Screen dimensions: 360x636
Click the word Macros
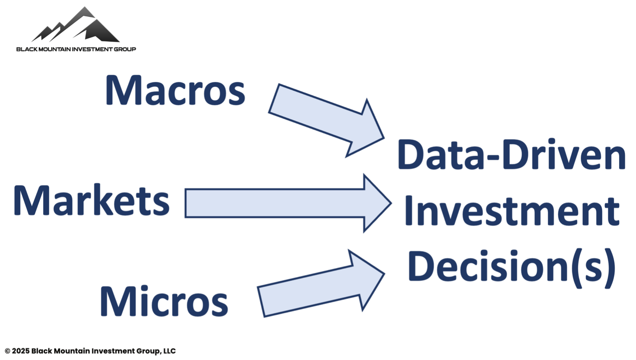coord(175,91)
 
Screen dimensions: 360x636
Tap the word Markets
coord(91,200)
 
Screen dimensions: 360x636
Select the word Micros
coord(164,301)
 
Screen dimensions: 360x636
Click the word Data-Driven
coord(511,154)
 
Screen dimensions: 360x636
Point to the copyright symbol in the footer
coord(8,352)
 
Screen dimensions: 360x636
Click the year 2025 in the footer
coord(20,352)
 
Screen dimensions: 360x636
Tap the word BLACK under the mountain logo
coord(27,49)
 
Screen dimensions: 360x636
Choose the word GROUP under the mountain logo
coord(125,49)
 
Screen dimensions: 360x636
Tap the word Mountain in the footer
coord(72,352)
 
